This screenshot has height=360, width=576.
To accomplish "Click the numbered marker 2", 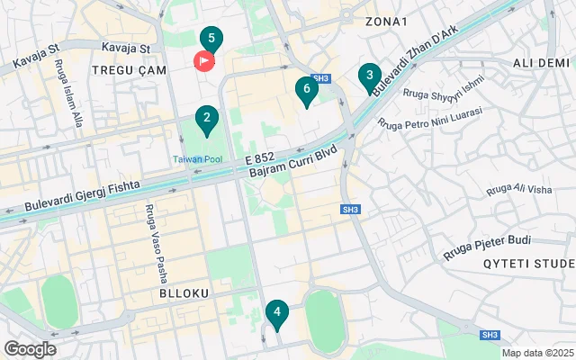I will [x=207, y=118].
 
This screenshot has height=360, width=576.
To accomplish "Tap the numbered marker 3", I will [x=369, y=76].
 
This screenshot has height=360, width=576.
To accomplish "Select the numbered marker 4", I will [x=277, y=313].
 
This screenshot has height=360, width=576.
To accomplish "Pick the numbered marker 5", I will [x=211, y=39].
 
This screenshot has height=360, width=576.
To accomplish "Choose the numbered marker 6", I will [x=307, y=89].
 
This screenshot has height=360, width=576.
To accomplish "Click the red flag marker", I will [x=204, y=61].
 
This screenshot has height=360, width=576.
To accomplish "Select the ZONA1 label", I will [x=387, y=21].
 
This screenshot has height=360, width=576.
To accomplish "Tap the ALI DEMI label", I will [x=542, y=62].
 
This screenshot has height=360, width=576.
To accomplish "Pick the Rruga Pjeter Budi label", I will [x=487, y=247].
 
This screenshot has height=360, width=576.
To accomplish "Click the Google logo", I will [x=30, y=349].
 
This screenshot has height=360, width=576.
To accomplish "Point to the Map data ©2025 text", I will [x=536, y=353].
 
